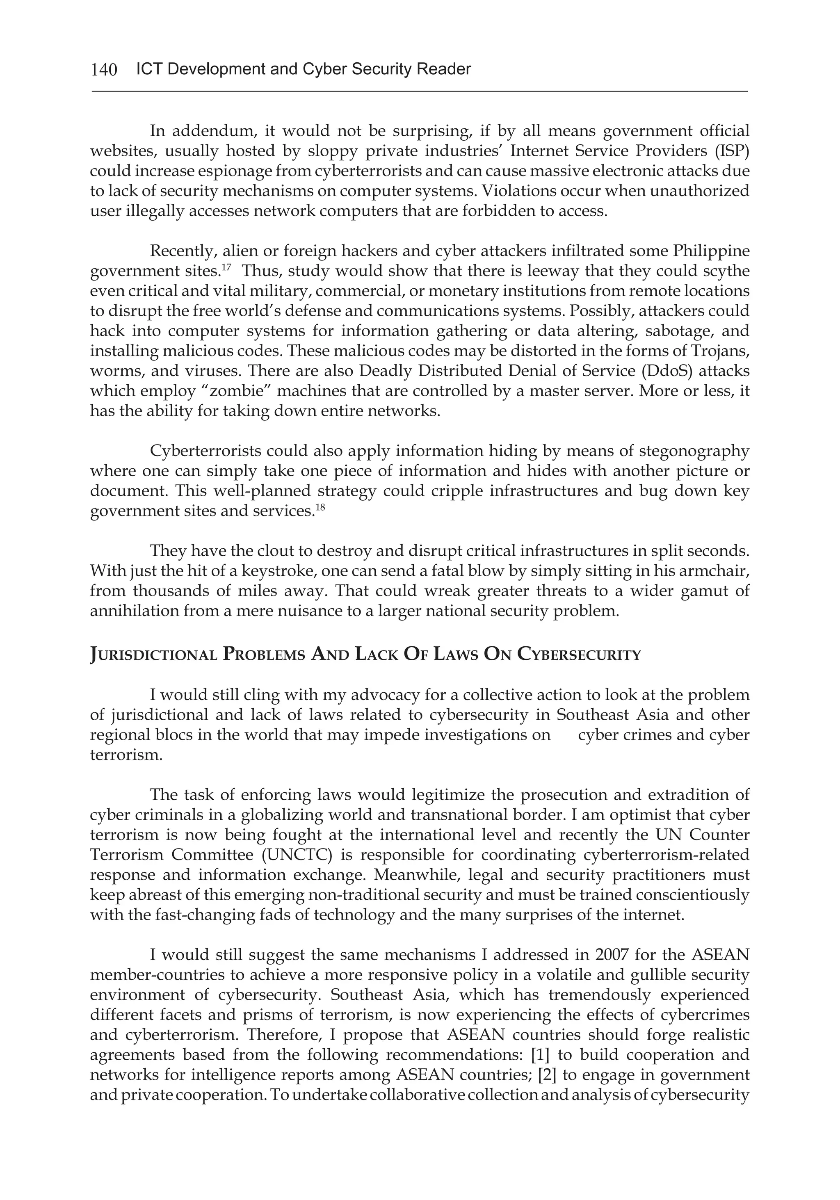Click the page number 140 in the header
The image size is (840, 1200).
(103, 69)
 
